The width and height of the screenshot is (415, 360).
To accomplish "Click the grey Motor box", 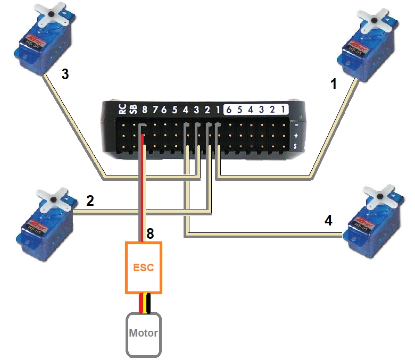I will (x=144, y=334).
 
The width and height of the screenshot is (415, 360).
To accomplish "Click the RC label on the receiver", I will (x=122, y=110).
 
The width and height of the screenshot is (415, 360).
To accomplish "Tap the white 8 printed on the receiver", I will (x=144, y=110).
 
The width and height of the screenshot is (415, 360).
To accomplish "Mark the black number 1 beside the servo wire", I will (x=334, y=83).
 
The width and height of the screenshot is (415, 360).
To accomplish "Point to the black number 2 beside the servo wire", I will (x=90, y=201).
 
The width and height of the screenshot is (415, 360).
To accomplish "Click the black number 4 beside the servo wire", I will (x=329, y=220).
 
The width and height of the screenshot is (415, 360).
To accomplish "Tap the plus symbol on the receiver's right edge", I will (x=295, y=136).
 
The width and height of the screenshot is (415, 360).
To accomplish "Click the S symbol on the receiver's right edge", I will (x=295, y=146).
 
